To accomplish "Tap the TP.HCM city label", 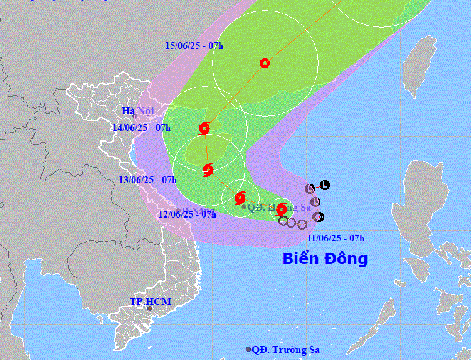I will coord(150,302).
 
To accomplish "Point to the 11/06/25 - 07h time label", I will coord(336,238).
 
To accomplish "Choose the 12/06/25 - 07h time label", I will coord(187,214).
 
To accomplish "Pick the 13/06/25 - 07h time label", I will coord(147,180).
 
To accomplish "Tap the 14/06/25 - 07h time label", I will coord(141,127).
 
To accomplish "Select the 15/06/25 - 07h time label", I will coord(194,45).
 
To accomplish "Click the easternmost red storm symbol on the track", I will coord(282,209).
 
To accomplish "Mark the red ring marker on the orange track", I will coord(265,63).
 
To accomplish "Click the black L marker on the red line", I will coord(324,184).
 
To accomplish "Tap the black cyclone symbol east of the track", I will coord(318,217).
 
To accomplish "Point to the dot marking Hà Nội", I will coord(134,116).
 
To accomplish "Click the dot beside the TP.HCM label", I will coord(149,309).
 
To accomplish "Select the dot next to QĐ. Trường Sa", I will coord(249,349).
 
